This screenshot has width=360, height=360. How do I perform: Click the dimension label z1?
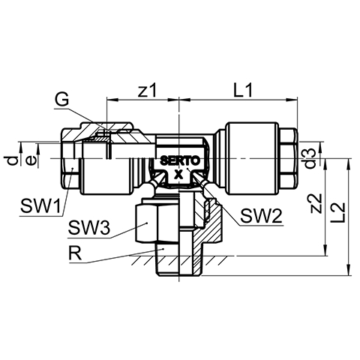(x=148, y=90)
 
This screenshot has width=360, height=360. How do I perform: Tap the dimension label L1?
(x=243, y=90)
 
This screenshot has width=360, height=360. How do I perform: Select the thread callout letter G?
(x=61, y=100)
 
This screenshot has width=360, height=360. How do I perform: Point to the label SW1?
(x=40, y=206)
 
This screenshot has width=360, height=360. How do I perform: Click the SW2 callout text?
(x=261, y=216)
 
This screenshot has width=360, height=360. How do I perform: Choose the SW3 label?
(x=88, y=227)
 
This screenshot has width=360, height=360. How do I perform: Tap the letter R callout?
(x=75, y=253)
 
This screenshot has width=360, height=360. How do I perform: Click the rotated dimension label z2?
(x=315, y=203)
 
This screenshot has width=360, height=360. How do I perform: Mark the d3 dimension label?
(x=310, y=158)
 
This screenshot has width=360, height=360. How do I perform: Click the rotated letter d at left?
(x=12, y=160)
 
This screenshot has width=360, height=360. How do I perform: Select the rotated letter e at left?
(x=31, y=160)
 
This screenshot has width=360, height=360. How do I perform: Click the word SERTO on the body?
(x=180, y=160)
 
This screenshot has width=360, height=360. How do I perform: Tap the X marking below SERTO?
(x=178, y=175)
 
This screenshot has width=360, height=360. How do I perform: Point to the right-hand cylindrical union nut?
(x=252, y=158)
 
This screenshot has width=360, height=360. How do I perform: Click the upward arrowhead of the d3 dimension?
(x=321, y=148)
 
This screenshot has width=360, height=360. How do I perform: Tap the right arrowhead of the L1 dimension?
(x=292, y=100)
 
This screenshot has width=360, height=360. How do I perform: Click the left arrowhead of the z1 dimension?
(x=112, y=100)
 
